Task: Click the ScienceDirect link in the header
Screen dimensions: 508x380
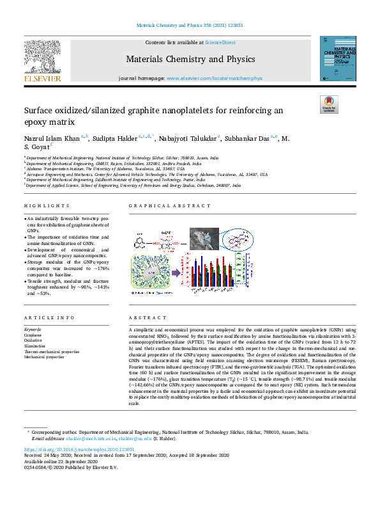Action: (x=219, y=42)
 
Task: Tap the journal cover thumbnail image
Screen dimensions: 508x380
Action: (x=338, y=58)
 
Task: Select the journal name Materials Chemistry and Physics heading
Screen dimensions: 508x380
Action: (x=190, y=60)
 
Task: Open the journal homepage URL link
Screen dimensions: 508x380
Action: (x=214, y=78)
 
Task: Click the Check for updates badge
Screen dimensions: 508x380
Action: (x=328, y=104)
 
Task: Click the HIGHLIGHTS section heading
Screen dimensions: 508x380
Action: (x=47, y=205)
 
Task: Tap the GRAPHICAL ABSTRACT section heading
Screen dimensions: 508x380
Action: (x=169, y=205)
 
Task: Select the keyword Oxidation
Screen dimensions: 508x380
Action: (x=33, y=340)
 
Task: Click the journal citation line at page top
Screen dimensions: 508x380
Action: (x=190, y=26)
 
